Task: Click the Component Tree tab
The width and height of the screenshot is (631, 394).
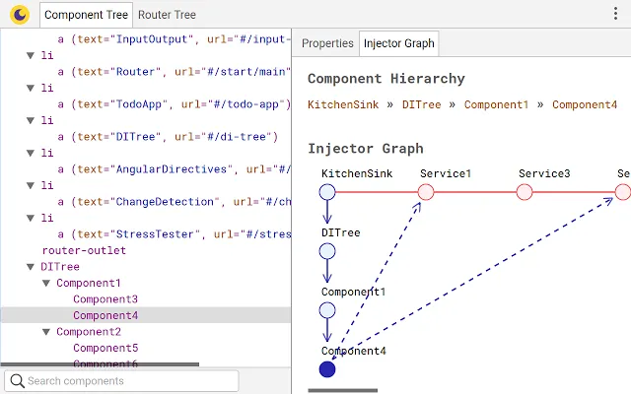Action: click(x=87, y=15)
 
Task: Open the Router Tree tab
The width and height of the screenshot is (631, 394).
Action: click(x=167, y=15)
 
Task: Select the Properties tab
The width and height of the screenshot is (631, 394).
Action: click(x=327, y=43)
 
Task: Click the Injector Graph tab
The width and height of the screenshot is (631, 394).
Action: click(x=399, y=43)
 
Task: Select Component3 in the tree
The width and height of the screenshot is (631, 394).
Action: click(x=105, y=299)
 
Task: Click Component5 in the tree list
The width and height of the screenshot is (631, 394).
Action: click(x=105, y=348)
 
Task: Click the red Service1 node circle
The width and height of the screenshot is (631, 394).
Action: click(x=426, y=191)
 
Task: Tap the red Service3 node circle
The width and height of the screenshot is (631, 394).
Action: click(x=525, y=191)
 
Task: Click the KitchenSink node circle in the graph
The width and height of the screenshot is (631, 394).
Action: click(x=327, y=191)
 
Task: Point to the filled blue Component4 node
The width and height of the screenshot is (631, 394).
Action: click(x=327, y=369)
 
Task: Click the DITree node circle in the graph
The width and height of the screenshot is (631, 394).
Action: click(x=327, y=251)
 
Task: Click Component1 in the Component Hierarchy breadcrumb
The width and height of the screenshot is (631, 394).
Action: click(x=497, y=104)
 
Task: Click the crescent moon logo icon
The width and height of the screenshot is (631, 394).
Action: click(x=19, y=15)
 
